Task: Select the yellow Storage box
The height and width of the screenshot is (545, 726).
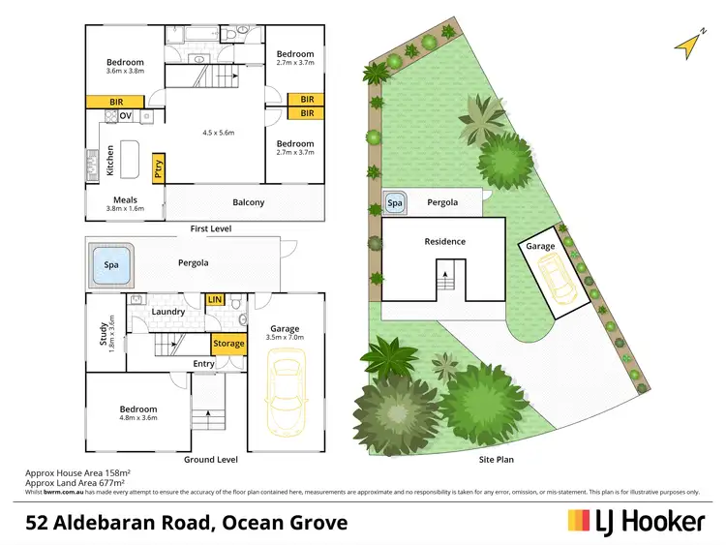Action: pos(228,344)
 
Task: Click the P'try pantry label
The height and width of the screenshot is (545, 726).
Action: pos(158,171)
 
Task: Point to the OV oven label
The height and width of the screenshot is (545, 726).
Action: pos(125,117)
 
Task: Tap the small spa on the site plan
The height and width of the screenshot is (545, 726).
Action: pos(395,203)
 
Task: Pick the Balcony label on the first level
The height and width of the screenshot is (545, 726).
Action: pos(248,202)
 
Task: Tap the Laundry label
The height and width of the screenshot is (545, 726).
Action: pos(168,312)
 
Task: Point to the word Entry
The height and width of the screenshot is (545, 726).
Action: pos(203,364)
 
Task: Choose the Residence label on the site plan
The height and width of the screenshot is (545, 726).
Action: pos(444,241)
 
